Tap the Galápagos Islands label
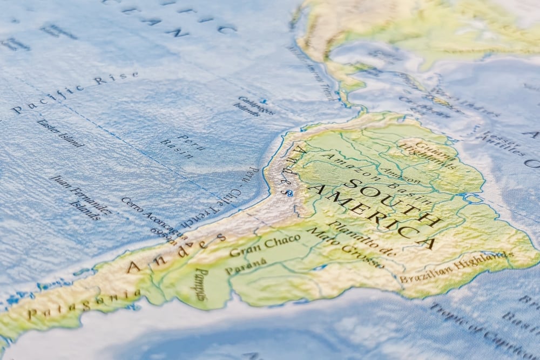pyautogui.click(x=254, y=106)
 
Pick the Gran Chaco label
pyautogui.click(x=265, y=246)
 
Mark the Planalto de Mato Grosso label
pyautogui.click(x=351, y=243)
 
